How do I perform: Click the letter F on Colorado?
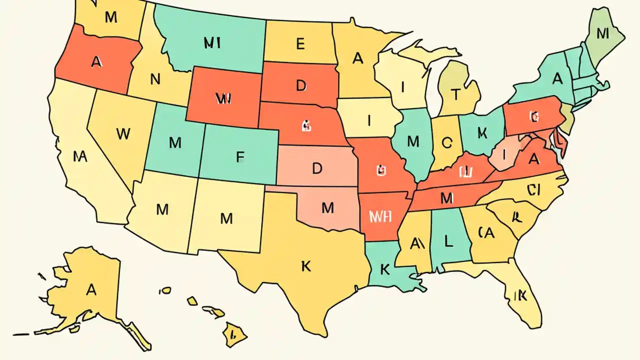click(240, 157)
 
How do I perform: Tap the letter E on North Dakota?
click(300, 44)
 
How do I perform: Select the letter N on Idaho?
click(155, 78)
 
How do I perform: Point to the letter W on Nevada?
click(123, 133)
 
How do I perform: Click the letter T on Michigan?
click(455, 93)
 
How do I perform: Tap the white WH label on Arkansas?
click(380, 216)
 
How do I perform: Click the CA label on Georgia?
click(486, 232)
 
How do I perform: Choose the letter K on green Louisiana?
click(384, 269)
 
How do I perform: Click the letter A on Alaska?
click(91, 289)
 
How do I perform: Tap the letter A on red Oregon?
click(96, 61)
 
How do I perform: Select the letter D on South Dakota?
click(300, 85)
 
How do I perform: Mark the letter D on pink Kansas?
click(317, 168)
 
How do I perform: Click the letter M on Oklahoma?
click(327, 208)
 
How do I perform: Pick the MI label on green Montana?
click(212, 43)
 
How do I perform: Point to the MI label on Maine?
click(602, 33)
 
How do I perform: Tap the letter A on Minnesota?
click(357, 58)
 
